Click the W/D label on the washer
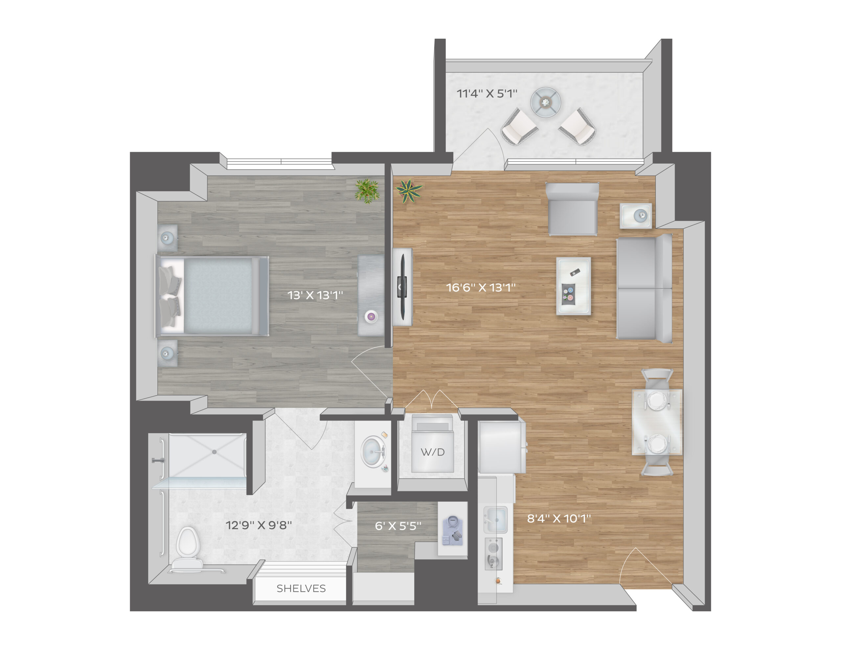point(432,452)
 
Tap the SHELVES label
point(301,588)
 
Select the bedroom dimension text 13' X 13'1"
point(315,295)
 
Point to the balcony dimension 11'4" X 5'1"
point(487,94)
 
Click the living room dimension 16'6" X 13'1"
point(481,288)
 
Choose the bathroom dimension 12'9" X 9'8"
point(259,525)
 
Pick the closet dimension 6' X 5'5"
point(398,526)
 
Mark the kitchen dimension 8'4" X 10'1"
point(559,518)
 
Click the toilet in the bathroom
point(188,547)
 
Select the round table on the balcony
point(545,103)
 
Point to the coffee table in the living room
point(573,286)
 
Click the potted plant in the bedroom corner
point(367,190)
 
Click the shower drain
point(215,452)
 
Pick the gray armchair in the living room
point(572,209)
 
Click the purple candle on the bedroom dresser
point(371,317)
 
